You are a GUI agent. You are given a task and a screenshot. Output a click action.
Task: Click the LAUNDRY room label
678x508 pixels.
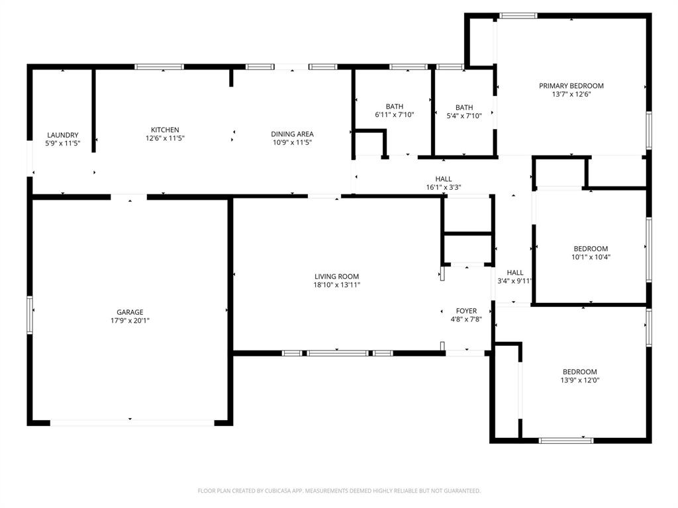point(63,135)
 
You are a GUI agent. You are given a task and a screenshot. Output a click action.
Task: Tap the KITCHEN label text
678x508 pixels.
point(165,130)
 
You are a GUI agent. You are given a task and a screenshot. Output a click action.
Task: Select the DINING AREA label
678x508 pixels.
point(292,134)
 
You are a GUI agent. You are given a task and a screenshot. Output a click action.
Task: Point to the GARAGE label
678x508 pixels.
point(130,312)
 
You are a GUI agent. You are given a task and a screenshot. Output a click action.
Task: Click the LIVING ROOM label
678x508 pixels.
point(336,276)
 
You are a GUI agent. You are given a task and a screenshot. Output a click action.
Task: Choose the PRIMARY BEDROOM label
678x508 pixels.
point(571,86)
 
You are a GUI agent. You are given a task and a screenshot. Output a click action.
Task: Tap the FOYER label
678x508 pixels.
point(466,311)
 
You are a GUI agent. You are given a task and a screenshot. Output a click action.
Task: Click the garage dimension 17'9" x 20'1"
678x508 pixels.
point(130,321)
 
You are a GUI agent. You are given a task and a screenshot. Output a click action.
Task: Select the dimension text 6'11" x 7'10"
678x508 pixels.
point(395,115)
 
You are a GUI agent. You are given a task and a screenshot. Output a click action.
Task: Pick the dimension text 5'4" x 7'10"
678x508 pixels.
point(464,116)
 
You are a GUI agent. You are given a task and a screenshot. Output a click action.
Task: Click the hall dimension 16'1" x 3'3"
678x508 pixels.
point(443,187)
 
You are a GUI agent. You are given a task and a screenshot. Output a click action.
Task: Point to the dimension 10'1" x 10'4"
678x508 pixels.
point(591,257)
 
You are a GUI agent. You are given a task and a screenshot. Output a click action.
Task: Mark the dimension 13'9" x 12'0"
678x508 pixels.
point(580,380)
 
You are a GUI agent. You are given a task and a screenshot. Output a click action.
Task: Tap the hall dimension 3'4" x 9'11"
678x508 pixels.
point(515,280)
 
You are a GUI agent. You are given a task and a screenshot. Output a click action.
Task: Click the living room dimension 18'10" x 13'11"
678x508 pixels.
point(336,285)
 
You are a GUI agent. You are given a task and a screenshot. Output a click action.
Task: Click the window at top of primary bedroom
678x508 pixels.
point(518,15)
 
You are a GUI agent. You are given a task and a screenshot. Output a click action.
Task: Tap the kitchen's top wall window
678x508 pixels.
point(159,66)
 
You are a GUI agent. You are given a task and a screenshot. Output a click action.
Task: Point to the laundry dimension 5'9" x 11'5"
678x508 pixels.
point(63,143)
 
